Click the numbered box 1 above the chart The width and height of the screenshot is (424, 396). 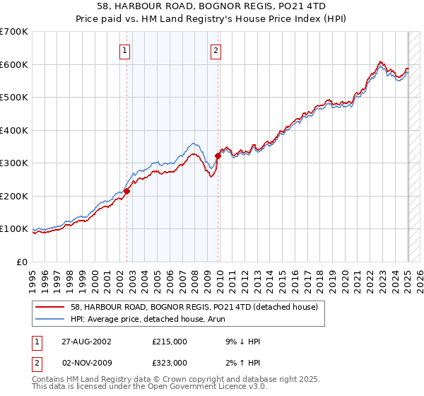pos(124,50)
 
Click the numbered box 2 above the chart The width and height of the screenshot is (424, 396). pos(215,50)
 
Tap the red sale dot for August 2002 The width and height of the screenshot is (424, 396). pos(127,191)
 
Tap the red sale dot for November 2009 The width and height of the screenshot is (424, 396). pos(218,156)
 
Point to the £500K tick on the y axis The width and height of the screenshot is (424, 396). pos(15,98)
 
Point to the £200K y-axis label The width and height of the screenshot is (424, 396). pos(15,196)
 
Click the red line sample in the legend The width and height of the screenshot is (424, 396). pos(50,307)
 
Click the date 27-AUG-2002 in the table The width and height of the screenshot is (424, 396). pos(84,342)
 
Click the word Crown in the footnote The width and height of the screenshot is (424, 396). pos(158,380)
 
